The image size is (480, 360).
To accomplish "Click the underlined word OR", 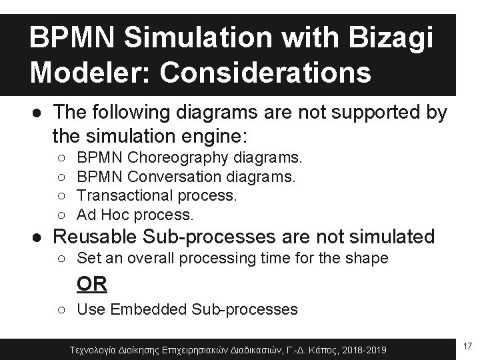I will (x=92, y=283).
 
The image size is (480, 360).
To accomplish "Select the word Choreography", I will (x=178, y=158).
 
